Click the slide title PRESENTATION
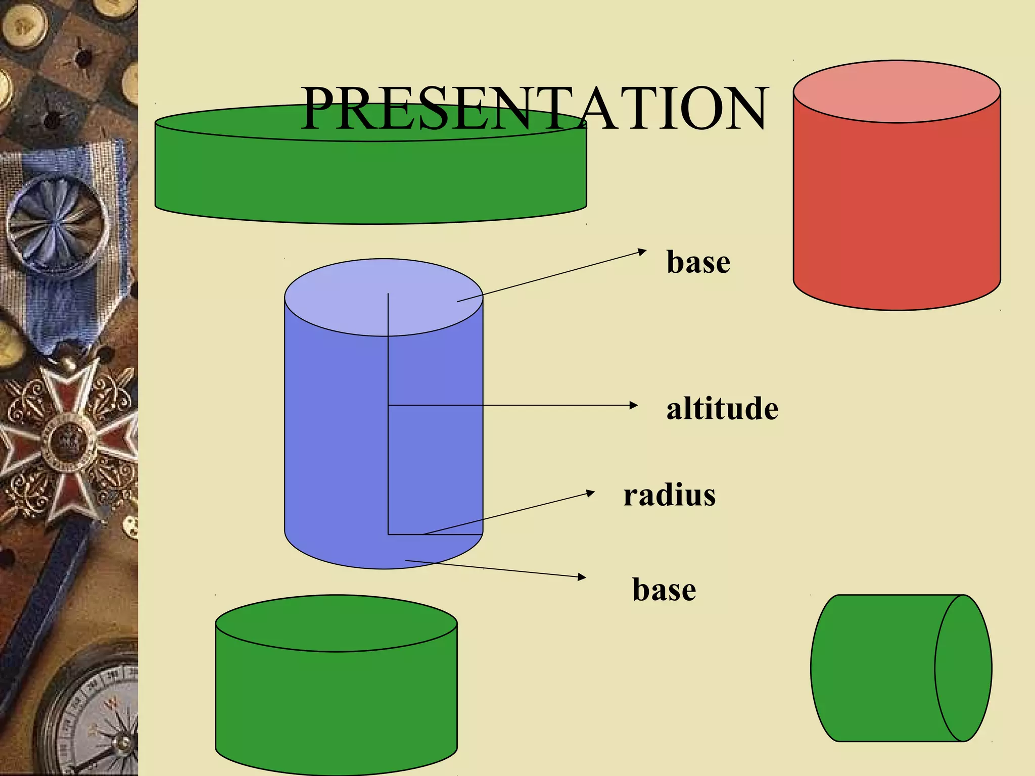coord(534,108)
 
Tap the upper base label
coord(698,262)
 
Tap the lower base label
coord(664,590)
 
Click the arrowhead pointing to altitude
coord(634,405)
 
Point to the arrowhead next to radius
coord(591,492)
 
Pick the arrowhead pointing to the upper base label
coord(642,251)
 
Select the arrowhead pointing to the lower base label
coord(582,576)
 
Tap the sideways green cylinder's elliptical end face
coord(963,668)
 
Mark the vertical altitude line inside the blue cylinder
coord(388,455)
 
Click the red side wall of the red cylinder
coord(897,212)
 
